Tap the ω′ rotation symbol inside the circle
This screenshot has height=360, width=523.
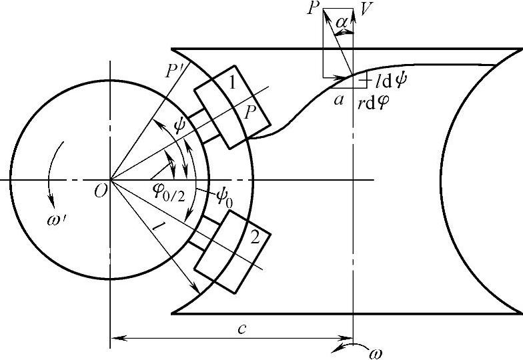[x=57, y=220]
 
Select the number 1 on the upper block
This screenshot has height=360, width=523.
[x=232, y=83]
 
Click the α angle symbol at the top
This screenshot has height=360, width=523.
[x=342, y=23]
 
